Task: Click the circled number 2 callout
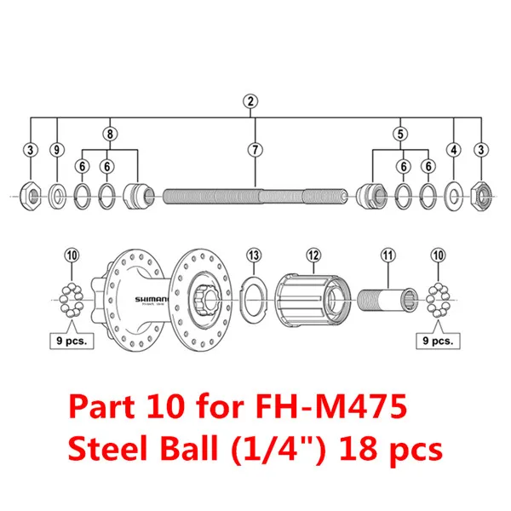coord(250,101)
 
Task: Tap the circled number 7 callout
coord(254,150)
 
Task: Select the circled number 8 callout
coord(109,133)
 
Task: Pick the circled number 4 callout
coord(454,150)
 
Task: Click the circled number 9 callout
coord(56,150)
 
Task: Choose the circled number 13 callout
coord(253,255)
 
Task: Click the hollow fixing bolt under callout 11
coord(388,300)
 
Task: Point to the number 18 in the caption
coord(368,448)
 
